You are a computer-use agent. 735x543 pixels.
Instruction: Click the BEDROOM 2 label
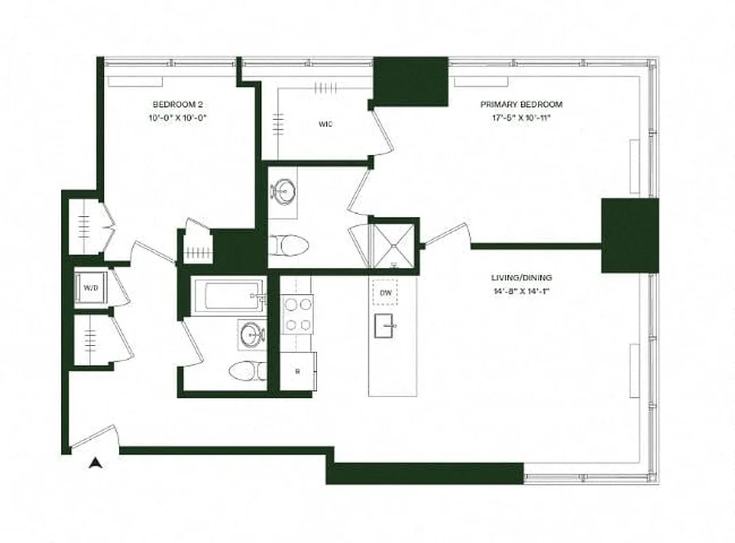coord(178,105)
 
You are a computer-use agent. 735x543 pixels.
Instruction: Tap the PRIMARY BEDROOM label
coord(521,105)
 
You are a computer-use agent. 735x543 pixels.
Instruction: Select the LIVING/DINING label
coord(521,278)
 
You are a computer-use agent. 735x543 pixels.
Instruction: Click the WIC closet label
coord(325,124)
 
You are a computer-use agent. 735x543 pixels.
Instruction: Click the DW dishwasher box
coord(385,293)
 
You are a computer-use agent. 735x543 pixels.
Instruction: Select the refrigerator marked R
coord(298,371)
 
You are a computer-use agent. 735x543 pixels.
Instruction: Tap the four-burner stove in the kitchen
coord(298,314)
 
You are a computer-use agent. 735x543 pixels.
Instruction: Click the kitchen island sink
coord(386,326)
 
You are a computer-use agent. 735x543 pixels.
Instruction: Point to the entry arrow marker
coord(96,463)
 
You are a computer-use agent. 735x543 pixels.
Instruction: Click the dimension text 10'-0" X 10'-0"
coord(178,117)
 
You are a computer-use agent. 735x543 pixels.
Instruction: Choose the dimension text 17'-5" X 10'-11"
coord(521,118)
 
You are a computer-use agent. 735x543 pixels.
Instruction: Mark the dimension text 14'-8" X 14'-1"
coord(521,291)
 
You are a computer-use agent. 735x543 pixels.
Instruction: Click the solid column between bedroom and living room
coord(630,236)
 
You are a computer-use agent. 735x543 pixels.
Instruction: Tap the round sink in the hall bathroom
coord(252,335)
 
